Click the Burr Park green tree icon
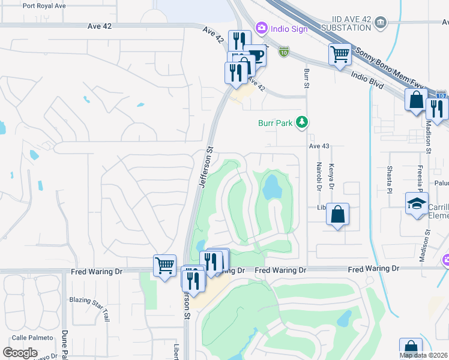coord(301,123)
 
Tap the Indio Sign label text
coord(288,28)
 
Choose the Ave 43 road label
coord(319,146)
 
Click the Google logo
coord(20,352)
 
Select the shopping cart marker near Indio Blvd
coord(340,54)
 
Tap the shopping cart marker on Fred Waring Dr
coord(164,265)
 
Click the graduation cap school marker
coord(417,203)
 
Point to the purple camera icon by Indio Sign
coord(261,28)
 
